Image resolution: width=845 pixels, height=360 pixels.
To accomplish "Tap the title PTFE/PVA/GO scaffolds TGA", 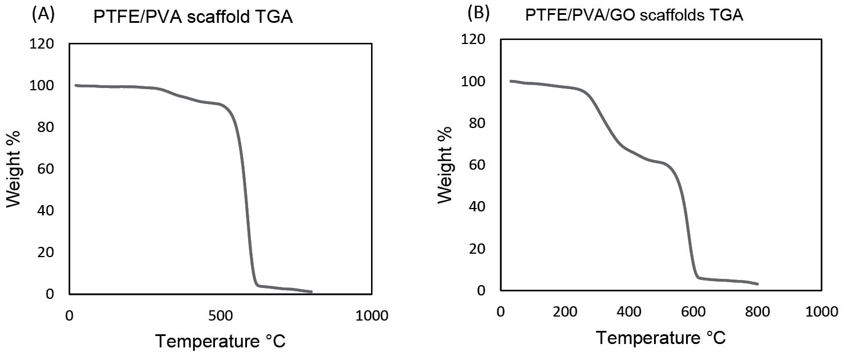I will click(634, 16).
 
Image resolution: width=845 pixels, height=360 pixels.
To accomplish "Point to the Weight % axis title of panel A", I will click(15, 169).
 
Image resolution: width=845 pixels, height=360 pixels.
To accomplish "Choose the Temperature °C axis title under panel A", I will click(220, 342).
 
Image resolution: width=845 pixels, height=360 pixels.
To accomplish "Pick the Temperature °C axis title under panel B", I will click(661, 338).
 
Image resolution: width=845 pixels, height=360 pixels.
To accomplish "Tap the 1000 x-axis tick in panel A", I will click(372, 315).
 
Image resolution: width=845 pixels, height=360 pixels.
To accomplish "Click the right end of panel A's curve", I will click(312, 292).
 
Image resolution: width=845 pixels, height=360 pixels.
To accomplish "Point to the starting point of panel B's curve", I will click(511, 81).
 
